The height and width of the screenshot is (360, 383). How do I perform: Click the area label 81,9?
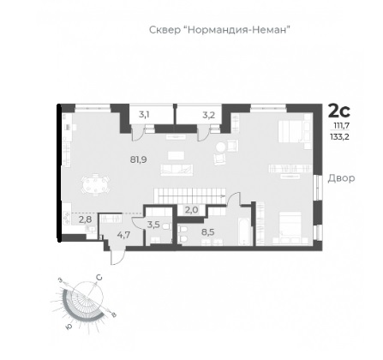pos(139,159)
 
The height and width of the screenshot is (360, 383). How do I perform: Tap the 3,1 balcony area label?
pos(145,115)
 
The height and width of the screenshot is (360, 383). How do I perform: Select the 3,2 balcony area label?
pos(208,116)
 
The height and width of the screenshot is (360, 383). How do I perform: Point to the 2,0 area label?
pos(191,210)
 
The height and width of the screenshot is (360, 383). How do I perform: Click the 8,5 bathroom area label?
pos(208,231)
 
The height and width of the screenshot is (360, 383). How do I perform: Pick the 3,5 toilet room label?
pos(153,225)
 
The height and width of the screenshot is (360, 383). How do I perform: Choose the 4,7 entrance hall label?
pos(124,235)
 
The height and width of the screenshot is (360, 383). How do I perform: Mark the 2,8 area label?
pos(85,219)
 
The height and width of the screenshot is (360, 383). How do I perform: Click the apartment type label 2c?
pos(339,111)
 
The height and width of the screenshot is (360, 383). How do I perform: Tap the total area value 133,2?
pos(339,137)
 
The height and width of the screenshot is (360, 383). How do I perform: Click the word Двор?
pos(341,178)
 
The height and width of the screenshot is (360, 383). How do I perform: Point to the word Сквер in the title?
pos(165,30)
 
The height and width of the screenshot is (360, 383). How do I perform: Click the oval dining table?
pos(95,185)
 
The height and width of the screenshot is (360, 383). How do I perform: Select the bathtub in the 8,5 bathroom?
pos(245,231)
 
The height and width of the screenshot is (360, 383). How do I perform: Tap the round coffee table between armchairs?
pos(221,147)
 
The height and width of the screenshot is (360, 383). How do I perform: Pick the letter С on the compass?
pos(99,278)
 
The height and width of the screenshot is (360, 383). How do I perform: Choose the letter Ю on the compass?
pos(68,327)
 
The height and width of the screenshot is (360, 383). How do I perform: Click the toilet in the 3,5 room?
pos(165,226)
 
